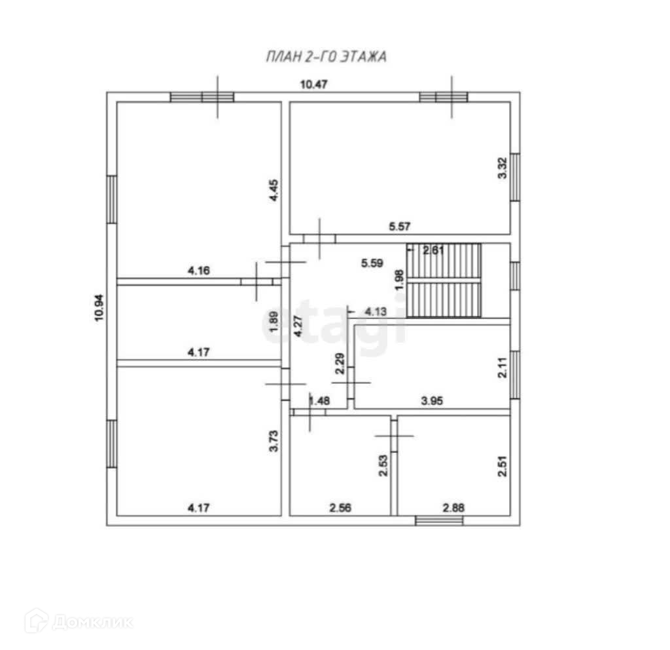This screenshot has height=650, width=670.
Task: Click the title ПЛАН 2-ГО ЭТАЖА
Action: [x=326, y=56]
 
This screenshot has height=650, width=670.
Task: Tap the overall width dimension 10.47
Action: [x=313, y=85]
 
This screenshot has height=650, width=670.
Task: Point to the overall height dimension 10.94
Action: [x=99, y=307]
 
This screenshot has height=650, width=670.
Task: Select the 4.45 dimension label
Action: [x=273, y=190]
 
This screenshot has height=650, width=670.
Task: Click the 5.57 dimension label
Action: [x=400, y=226]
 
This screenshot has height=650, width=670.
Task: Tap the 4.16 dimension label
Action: [x=199, y=271]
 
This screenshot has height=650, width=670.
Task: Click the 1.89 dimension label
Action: [x=273, y=321]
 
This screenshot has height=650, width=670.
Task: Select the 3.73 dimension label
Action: [x=273, y=441]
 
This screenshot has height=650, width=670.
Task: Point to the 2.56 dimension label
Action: [x=340, y=508]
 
